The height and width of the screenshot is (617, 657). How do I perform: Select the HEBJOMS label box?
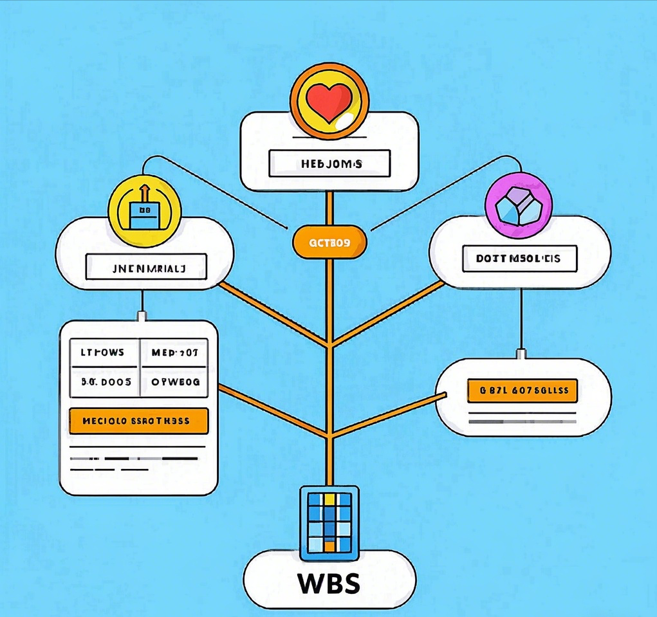click(x=329, y=163)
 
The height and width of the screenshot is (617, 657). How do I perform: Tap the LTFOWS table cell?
click(x=104, y=353)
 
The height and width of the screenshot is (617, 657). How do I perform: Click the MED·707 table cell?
click(x=174, y=353)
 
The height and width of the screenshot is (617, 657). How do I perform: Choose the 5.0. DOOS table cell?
click(x=104, y=382)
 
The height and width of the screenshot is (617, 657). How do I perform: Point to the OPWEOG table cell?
click(x=174, y=382)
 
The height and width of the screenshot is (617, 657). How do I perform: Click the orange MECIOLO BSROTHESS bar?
click(x=138, y=421)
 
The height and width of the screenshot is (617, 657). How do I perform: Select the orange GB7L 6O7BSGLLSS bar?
click(x=522, y=390)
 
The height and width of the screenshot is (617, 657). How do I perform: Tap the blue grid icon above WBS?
click(x=329, y=522)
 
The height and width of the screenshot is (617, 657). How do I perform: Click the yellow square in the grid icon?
click(x=329, y=498)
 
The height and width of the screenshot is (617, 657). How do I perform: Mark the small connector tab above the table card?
click(x=142, y=316)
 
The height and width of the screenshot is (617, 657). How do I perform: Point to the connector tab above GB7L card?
click(x=521, y=353)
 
